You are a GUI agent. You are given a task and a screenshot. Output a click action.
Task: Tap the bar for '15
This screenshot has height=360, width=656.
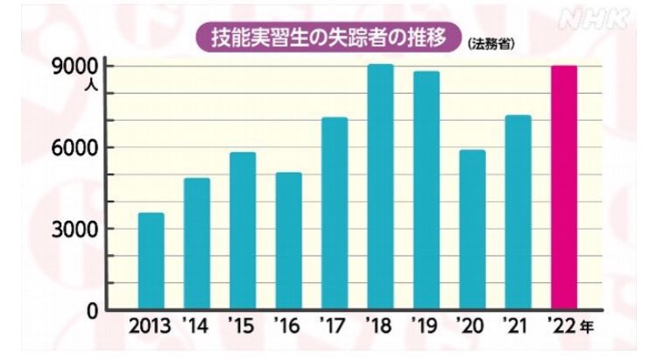[243, 231]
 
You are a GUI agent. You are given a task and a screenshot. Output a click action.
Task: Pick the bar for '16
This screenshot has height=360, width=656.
[289, 241]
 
